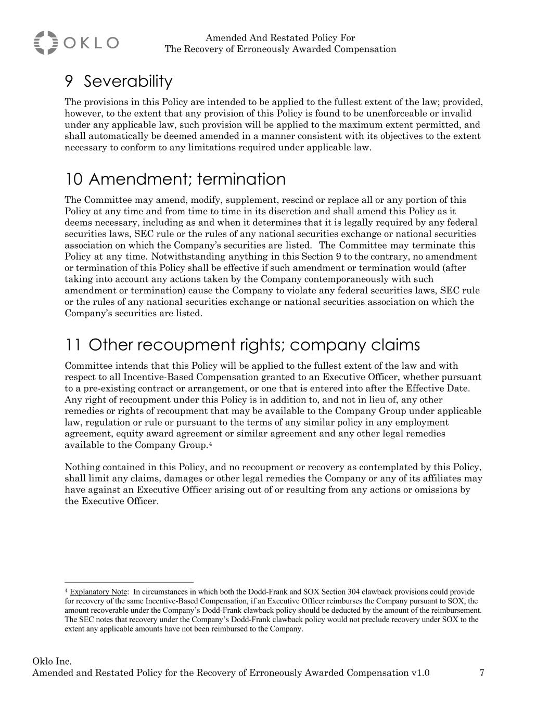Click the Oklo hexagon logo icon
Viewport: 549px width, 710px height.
(46, 43)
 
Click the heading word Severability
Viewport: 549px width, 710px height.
(128, 82)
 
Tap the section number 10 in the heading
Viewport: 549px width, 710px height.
(73, 179)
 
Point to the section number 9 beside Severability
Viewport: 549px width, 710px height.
(69, 82)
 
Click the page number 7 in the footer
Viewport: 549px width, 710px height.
(482, 673)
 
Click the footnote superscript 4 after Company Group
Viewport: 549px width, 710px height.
(210, 444)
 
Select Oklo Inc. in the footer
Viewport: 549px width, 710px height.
(52, 662)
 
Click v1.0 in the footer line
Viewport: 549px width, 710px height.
(420, 673)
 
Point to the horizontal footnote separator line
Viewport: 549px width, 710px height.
(129, 582)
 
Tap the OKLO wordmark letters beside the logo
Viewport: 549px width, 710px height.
(92, 43)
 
